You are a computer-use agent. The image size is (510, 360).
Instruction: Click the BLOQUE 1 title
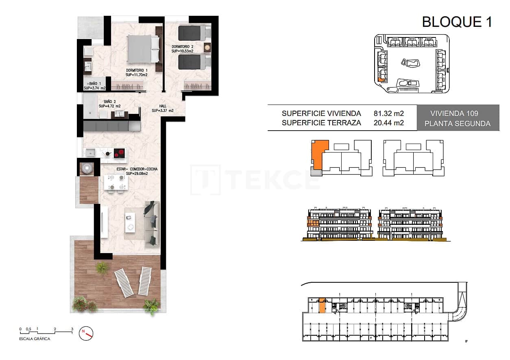[457, 22]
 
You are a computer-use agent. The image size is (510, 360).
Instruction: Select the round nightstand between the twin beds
[207, 48]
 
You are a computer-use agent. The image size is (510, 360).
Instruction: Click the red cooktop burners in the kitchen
[119, 153]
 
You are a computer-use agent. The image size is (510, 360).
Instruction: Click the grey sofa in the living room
[151, 223]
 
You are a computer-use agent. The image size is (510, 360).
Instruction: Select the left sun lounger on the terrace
[124, 283]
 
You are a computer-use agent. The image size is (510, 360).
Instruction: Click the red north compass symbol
[87, 333]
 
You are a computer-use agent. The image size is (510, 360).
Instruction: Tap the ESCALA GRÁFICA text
[35, 339]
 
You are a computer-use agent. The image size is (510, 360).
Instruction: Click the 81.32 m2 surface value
[388, 113]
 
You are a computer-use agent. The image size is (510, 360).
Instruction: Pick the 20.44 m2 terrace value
[388, 123]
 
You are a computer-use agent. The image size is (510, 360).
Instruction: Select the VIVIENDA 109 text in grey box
[458, 113]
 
